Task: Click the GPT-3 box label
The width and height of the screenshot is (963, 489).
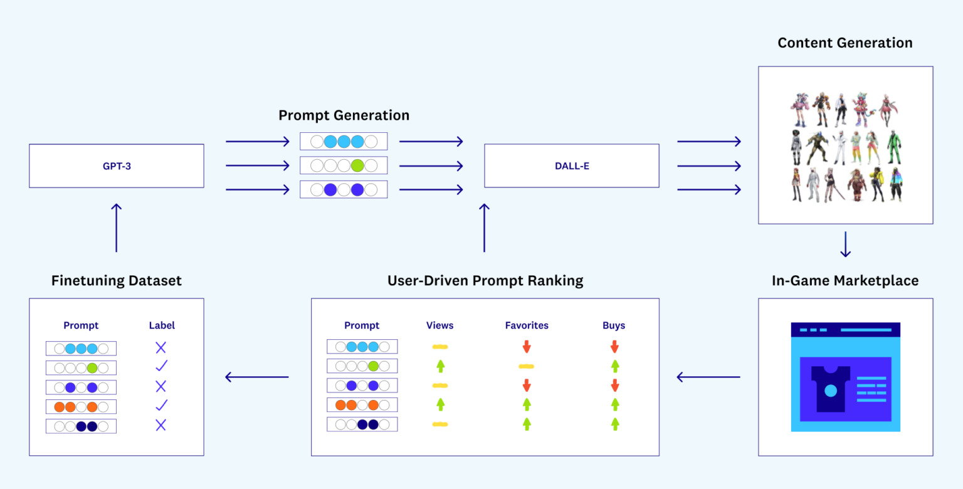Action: coord(116,166)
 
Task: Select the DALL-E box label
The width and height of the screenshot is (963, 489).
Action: coord(571,166)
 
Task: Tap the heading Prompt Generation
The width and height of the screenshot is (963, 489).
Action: coord(344,115)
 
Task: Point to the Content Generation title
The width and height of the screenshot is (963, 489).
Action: coord(845,43)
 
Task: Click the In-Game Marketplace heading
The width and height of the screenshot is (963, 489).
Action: coord(845,280)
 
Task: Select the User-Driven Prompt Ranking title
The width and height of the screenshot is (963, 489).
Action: coord(485,280)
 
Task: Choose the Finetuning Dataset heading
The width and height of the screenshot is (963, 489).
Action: coord(117,280)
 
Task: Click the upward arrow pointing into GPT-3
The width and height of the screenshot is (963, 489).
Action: coord(116,227)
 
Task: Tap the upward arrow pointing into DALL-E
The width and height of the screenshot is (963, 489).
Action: coord(484,227)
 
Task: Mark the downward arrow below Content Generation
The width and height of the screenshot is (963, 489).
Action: coord(845,244)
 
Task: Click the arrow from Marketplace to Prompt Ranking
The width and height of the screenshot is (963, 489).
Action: coord(708,377)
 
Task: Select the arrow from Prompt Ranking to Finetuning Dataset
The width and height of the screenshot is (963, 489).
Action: coord(257,377)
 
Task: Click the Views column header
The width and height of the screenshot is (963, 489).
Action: coord(439,325)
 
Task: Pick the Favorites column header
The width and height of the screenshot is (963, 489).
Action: coord(527,325)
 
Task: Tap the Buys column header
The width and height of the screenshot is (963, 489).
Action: coord(614,325)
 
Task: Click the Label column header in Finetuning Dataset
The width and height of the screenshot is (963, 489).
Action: coord(162,325)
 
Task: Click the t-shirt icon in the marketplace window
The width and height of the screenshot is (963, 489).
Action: coord(830,389)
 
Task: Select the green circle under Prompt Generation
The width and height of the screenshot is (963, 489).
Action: coord(357,166)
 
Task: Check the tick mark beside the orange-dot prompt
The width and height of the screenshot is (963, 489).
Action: coord(161,405)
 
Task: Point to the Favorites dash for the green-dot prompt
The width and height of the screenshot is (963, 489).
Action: coord(527,366)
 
